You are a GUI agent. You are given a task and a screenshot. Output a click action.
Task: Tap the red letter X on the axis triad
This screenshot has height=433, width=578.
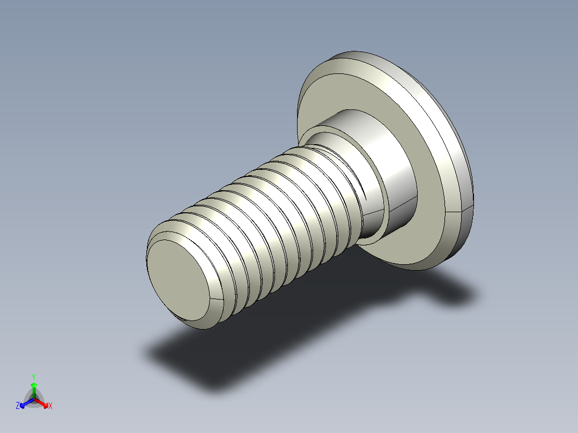pos(50,406)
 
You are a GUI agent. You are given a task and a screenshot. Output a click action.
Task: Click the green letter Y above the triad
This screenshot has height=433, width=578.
pos(34,377)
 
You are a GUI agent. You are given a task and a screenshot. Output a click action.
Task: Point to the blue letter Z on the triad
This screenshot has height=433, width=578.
pos(18,406)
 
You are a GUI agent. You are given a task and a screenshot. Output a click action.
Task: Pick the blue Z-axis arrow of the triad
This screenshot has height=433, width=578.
pos(25,403)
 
